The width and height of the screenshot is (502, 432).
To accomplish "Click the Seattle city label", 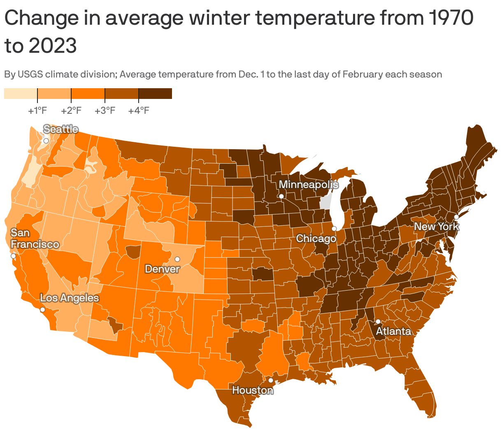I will (60, 129).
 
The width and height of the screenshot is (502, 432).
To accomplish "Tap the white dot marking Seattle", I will (46, 141).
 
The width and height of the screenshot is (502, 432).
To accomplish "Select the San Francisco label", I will (35, 239).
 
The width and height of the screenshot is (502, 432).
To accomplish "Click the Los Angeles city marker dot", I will (42, 310).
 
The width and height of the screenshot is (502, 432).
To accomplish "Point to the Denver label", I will (162, 269).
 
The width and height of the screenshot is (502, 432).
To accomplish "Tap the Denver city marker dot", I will (177, 259).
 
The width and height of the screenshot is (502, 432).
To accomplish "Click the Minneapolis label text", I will (308, 184).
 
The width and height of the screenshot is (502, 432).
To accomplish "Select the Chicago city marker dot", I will (334, 228).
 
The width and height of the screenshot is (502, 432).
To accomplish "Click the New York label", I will (436, 226).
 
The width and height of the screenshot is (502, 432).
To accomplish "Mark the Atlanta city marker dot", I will (378, 322).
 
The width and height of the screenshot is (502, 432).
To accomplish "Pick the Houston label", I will (252, 390).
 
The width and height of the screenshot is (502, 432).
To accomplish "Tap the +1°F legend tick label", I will (37, 111).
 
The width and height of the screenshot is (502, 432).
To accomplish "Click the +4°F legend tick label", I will (139, 111).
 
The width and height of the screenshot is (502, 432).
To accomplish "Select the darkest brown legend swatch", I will (155, 94).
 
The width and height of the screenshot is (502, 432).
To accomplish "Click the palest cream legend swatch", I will (21, 94).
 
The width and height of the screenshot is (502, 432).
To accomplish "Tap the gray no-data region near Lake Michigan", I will (325, 203).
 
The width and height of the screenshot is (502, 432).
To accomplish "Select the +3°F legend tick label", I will (105, 111).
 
